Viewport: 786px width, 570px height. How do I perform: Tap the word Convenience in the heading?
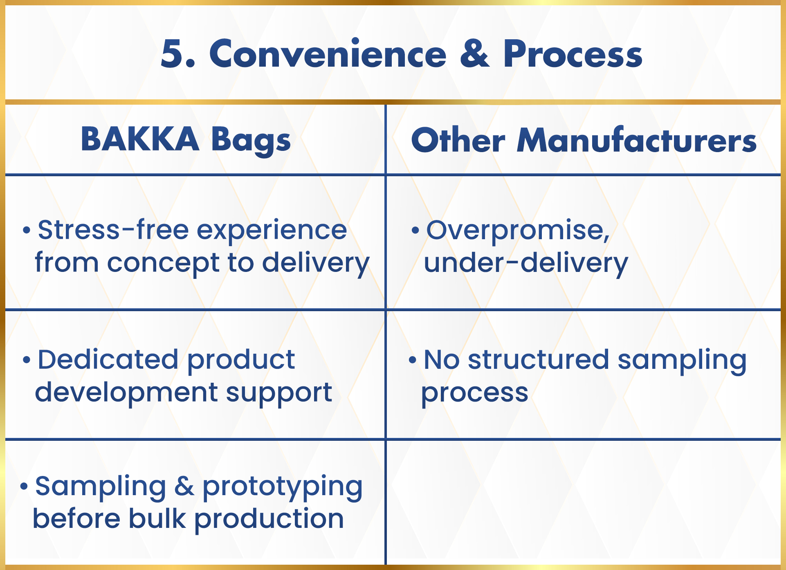pyautogui.click(x=328, y=54)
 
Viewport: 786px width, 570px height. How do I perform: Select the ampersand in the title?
pyautogui.click(x=475, y=54)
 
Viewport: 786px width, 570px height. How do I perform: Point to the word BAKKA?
pyautogui.click(x=140, y=139)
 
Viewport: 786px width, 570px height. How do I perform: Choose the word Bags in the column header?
pyautogui.click(x=251, y=141)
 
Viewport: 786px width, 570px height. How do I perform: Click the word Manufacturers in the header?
pyautogui.click(x=637, y=140)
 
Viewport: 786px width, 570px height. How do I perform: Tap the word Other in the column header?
pyautogui.click(x=458, y=140)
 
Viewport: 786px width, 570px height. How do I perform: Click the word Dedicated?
pyautogui.click(x=108, y=359)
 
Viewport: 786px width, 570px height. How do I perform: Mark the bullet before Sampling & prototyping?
pyautogui.click(x=24, y=486)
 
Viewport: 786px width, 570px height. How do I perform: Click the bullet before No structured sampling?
pyautogui.click(x=413, y=360)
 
